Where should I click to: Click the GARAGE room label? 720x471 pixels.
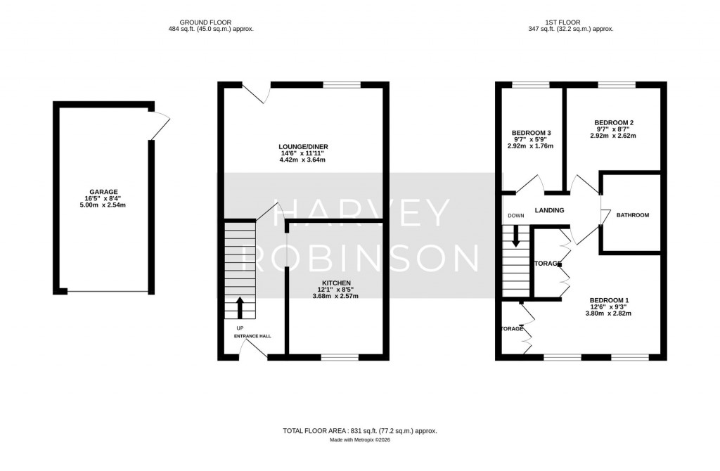[103, 191]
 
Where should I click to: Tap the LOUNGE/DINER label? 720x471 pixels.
[303, 146]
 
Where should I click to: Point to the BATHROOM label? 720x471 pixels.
[632, 215]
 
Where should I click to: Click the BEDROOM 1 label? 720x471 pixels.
[609, 300]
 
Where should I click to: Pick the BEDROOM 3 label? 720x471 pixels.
[531, 133]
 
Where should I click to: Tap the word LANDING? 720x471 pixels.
[551, 210]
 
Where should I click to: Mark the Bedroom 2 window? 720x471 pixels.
[617, 85]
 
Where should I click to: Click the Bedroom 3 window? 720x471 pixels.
[531, 85]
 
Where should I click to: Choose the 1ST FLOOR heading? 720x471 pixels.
[570, 22]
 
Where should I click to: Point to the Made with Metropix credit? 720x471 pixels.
[360, 440]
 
